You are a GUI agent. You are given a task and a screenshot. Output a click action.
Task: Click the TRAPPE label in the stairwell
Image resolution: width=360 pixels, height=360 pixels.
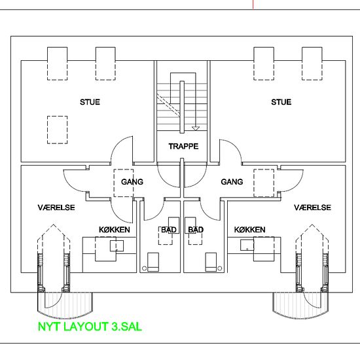coord(183,146)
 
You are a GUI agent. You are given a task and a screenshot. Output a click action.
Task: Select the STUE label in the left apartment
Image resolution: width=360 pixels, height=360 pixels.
coord(90,102)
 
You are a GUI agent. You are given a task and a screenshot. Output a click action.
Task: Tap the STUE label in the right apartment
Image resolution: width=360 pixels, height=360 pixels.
coord(281,102)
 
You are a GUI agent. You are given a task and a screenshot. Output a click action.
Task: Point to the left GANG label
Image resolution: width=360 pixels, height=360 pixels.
coord(132,182)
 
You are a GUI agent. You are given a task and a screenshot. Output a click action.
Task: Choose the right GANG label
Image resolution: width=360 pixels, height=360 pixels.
coord(232,182)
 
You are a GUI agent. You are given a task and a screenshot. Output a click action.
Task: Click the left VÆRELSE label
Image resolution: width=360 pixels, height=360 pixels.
coord(56,207)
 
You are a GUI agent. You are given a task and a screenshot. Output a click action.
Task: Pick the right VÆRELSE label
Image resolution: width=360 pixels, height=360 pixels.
coord(312,207)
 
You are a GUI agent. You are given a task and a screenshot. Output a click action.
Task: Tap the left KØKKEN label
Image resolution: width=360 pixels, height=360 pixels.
coord(115,230)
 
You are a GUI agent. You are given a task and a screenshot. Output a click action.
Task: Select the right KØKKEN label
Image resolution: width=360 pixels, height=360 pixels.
coord(250,230)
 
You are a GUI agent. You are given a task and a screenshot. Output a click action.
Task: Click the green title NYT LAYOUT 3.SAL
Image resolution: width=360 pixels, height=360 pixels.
coord(90,327)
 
